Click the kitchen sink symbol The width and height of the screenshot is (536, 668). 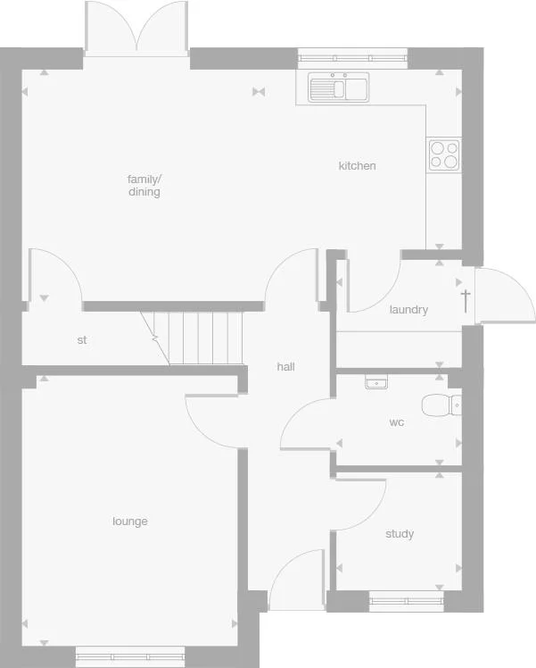(x=339, y=88)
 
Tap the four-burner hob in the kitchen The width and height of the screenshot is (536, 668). (x=443, y=155)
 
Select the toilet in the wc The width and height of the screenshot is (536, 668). (x=441, y=405)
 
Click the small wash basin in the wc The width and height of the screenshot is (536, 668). (x=375, y=382)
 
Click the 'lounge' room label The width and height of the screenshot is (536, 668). (x=130, y=522)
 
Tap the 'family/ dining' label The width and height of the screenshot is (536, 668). (x=144, y=185)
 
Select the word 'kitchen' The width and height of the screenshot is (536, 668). (x=357, y=165)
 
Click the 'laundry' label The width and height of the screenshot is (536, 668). (x=408, y=310)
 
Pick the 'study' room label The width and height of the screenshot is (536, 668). (x=400, y=534)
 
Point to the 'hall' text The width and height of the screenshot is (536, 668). (x=285, y=366)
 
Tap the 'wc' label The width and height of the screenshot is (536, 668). (x=397, y=422)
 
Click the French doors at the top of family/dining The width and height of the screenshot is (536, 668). (x=136, y=29)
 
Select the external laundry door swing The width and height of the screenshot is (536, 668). (x=504, y=295)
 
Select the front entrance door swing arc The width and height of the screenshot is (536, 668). (x=297, y=580)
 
